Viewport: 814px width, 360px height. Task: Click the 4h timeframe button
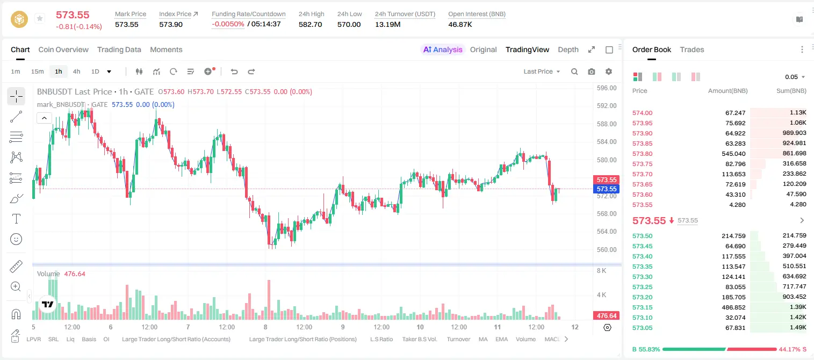click(x=76, y=71)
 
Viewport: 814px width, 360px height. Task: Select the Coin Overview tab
click(x=63, y=49)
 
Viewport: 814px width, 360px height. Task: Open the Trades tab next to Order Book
click(x=692, y=49)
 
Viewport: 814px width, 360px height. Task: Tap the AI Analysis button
click(x=443, y=49)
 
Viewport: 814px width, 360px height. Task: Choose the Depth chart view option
click(x=568, y=49)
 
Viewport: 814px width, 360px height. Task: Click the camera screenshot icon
click(x=592, y=71)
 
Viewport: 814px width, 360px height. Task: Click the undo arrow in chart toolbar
click(x=234, y=71)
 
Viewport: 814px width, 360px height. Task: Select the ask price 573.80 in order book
click(x=642, y=154)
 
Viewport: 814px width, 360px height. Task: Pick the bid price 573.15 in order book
click(x=642, y=307)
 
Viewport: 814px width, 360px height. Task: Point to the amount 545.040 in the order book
click(x=733, y=154)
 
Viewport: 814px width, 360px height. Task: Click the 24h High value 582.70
click(x=311, y=24)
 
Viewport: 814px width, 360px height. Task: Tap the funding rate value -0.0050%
click(x=228, y=24)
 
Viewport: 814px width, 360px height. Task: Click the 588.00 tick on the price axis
click(x=607, y=124)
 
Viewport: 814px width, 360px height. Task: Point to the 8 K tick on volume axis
click(x=601, y=271)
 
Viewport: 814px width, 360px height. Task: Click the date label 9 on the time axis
click(x=343, y=327)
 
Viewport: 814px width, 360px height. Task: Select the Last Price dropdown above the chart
click(x=542, y=71)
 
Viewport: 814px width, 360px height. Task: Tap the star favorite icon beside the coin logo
click(x=40, y=18)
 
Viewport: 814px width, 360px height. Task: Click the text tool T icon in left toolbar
click(x=16, y=219)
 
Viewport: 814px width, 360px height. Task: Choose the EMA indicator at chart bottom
click(x=501, y=339)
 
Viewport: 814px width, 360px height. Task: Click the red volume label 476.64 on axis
click(x=606, y=316)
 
